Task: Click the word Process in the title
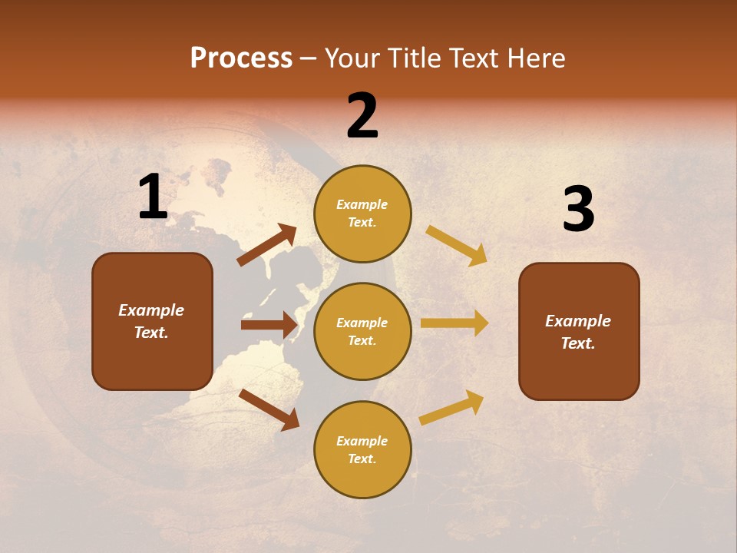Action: tap(241, 58)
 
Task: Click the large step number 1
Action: tap(153, 197)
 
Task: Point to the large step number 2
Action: tap(362, 116)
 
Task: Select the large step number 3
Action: tap(578, 210)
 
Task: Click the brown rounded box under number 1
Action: tap(152, 321)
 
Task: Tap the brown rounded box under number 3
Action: tap(579, 332)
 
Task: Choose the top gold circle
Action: tap(362, 214)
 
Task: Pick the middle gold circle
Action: tap(362, 331)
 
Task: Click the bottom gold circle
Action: tap(362, 449)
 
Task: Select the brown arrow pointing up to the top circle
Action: tap(267, 245)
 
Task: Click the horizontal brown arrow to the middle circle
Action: tap(269, 325)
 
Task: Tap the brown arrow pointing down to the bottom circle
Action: tap(269, 409)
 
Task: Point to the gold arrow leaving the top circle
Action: tap(457, 245)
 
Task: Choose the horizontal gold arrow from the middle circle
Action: tap(454, 323)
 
